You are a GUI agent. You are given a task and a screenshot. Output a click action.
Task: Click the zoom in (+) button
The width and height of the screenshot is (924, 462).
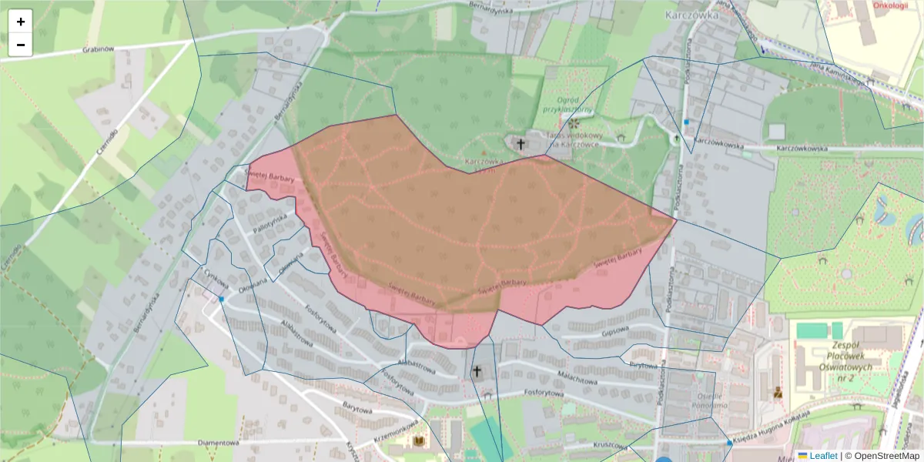pos(21,22)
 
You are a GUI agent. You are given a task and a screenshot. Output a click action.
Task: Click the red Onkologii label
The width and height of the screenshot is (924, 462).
pos(891,5)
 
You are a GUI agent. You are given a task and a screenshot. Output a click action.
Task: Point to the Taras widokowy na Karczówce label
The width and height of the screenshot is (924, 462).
pos(573,139)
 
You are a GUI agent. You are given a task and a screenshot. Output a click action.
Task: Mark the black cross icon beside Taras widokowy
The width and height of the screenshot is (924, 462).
pos(521,143)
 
